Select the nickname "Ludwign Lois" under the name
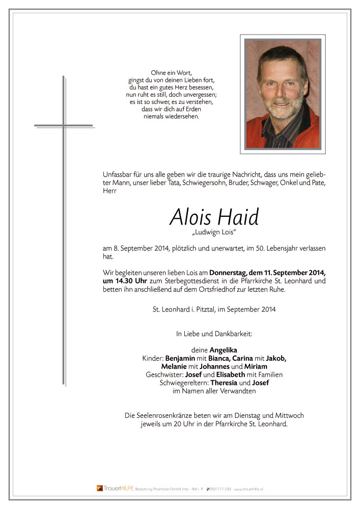[x=214, y=234]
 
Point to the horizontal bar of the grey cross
[x=64, y=125]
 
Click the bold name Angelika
[x=223, y=351]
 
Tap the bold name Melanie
[x=175, y=366]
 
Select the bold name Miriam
[x=256, y=366]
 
